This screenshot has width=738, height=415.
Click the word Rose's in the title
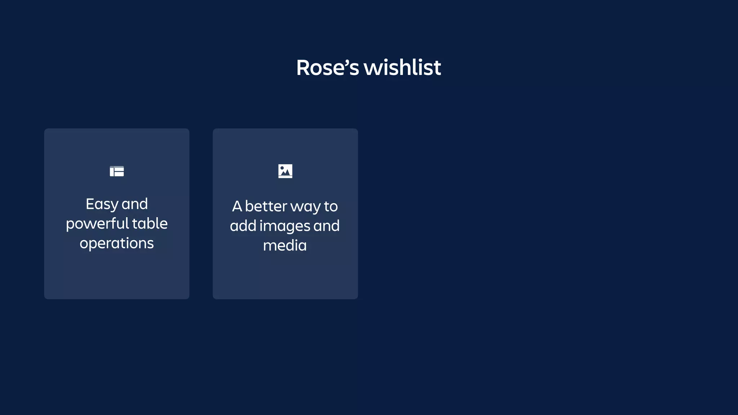pyautogui.click(x=328, y=67)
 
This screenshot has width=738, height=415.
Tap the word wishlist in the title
pyautogui.click(x=402, y=67)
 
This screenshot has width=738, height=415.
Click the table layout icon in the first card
pyautogui.click(x=117, y=171)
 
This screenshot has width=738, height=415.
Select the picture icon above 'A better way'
pyautogui.click(x=285, y=171)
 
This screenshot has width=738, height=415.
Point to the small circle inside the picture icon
pyautogui.click(x=282, y=168)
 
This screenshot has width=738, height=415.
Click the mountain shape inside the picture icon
pyautogui.click(x=286, y=173)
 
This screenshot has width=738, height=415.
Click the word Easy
pyautogui.click(x=102, y=204)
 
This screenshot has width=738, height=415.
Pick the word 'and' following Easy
pyautogui.click(x=135, y=204)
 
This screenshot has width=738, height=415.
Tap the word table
pyautogui.click(x=150, y=224)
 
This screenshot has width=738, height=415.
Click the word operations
pyautogui.click(x=117, y=244)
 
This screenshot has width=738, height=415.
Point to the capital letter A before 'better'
pyautogui.click(x=237, y=206)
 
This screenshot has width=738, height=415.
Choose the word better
pyautogui.click(x=266, y=206)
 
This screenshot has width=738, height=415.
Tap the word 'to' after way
pyautogui.click(x=331, y=206)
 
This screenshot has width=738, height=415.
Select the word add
pyautogui.click(x=243, y=226)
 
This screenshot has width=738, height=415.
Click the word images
pyautogui.click(x=285, y=226)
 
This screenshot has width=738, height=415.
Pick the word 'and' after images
pyautogui.click(x=326, y=226)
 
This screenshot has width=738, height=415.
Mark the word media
pyautogui.click(x=285, y=246)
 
